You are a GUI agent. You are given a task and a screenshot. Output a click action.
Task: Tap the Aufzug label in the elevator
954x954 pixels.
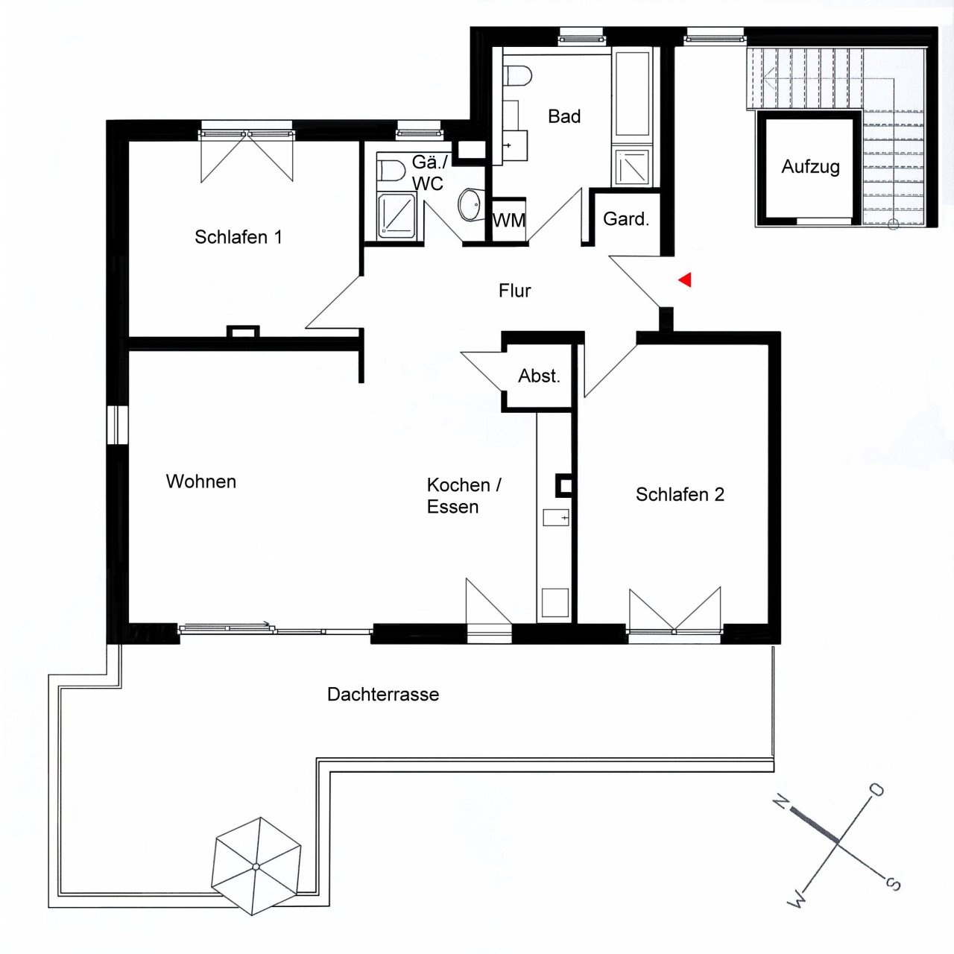tap(810, 167)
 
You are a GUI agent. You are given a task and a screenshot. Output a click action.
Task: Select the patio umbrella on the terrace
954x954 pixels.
tap(256, 865)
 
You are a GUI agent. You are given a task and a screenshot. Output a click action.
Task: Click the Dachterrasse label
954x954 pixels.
tap(383, 695)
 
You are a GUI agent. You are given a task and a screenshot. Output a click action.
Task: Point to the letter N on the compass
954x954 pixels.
tap(781, 802)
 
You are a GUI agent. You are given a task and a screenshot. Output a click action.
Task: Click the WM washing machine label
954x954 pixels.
tap(509, 221)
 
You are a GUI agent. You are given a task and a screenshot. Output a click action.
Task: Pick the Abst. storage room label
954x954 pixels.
tap(539, 376)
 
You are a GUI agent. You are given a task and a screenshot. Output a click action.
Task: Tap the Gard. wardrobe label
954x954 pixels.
tap(626, 219)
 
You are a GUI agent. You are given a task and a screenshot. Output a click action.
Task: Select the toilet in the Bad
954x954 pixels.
tap(517, 75)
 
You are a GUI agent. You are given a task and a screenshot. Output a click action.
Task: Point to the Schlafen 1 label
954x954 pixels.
tap(238, 237)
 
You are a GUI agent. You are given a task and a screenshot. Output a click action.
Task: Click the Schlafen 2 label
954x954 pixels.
tap(680, 495)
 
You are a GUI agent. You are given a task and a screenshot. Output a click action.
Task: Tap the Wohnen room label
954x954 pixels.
tap(201, 481)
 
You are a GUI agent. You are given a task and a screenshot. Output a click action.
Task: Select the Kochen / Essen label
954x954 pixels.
tap(463, 496)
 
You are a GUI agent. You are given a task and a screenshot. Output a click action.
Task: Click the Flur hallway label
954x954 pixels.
tap(514, 291)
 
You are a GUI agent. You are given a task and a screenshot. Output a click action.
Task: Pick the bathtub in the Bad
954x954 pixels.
tap(632, 93)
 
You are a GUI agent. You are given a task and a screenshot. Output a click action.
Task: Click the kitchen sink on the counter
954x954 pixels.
tap(555, 517)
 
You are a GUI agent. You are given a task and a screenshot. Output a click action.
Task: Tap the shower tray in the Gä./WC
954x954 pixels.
tap(397, 215)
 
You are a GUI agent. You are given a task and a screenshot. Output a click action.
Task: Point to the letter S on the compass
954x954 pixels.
tap(893, 884)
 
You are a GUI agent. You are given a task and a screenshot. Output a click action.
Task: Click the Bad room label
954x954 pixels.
tap(564, 116)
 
